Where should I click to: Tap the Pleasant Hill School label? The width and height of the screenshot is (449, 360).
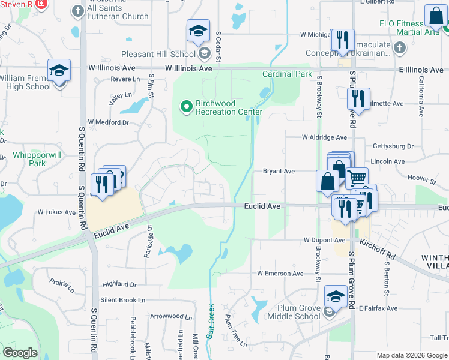158,54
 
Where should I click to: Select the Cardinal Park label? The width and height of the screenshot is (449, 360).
287,74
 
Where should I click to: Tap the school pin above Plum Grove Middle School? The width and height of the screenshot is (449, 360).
336,296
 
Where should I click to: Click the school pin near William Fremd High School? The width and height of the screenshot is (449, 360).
59,71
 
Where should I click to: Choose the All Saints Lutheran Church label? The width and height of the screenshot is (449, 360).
118,12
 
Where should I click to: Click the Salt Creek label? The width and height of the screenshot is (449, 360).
211,322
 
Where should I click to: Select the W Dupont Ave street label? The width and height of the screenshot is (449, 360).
325,240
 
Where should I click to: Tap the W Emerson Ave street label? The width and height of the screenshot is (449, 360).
280,273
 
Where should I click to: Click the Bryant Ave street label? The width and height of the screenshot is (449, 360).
279,171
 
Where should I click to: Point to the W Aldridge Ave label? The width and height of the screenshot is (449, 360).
324,137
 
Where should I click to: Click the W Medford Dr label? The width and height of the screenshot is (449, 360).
108,122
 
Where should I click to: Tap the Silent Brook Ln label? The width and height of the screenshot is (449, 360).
123,299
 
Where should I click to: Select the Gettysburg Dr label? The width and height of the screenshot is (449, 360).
393,146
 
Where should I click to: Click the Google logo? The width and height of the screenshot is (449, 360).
20,353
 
